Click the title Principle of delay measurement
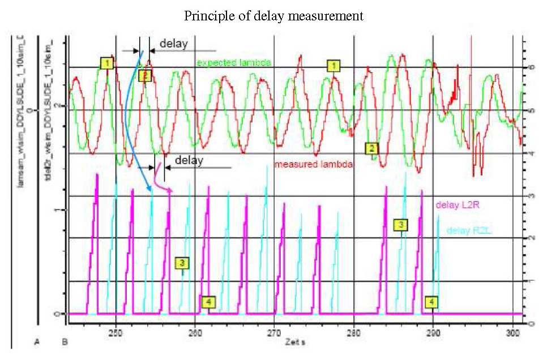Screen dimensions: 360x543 point(273,16)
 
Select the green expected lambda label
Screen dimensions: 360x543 point(234,62)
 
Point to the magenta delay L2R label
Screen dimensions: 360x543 point(454,204)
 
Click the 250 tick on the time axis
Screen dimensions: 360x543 point(116,333)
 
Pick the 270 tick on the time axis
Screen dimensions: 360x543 point(274,333)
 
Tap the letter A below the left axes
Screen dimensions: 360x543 point(37,341)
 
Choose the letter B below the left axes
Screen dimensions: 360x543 point(65,341)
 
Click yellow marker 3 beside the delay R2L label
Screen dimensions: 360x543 point(400,225)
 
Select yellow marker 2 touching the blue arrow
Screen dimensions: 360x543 point(144,75)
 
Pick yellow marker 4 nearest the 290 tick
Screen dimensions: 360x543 point(431,302)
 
